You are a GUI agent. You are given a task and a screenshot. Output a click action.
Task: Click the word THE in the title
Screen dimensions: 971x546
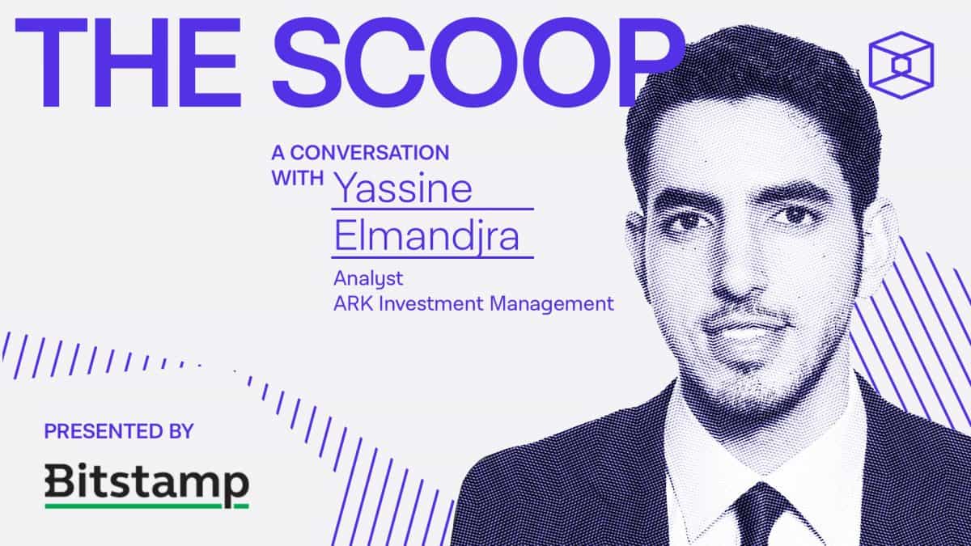(x=128, y=63)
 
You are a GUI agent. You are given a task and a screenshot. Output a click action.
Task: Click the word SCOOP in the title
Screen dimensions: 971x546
(x=477, y=63)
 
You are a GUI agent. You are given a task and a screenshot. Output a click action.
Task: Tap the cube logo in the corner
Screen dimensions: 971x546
(x=901, y=65)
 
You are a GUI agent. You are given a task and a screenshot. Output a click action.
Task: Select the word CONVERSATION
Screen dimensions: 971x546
(x=369, y=153)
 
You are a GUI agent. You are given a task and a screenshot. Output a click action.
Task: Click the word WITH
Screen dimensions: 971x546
(x=298, y=178)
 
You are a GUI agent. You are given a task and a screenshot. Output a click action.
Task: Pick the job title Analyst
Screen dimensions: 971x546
(x=368, y=278)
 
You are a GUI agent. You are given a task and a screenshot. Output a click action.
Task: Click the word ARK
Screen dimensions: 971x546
(x=354, y=303)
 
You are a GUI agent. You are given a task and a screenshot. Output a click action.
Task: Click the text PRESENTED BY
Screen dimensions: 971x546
(x=119, y=431)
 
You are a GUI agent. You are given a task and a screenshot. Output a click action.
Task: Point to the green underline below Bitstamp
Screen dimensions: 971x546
(x=147, y=506)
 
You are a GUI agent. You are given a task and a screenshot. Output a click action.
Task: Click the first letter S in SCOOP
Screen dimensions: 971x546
(x=307, y=63)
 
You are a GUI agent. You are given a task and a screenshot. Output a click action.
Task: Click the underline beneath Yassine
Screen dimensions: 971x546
(x=433, y=209)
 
